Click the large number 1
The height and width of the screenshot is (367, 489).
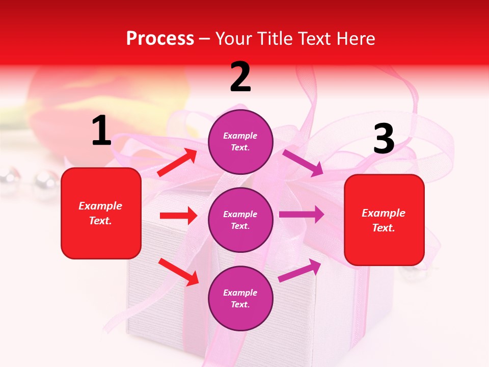coord(101,131)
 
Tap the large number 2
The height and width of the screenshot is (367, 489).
coord(240,77)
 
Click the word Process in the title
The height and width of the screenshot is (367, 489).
coord(160,39)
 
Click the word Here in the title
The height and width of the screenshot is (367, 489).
coord(356,39)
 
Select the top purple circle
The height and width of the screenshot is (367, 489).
coord(240,142)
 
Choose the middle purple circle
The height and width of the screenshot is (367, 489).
coord(240,220)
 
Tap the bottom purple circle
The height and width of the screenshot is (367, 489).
coord(240,298)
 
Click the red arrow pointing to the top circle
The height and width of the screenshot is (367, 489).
coord(177,163)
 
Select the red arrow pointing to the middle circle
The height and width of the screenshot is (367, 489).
coord(178,216)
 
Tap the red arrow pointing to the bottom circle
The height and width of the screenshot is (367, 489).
coord(178,271)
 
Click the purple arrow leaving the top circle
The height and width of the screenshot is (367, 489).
coord(303,163)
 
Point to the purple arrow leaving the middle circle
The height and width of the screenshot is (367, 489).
coord(301,214)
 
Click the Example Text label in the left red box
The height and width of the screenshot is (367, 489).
coord(100,213)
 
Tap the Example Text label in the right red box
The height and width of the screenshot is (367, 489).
coord(384,220)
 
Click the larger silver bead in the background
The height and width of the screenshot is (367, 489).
coord(44,179)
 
